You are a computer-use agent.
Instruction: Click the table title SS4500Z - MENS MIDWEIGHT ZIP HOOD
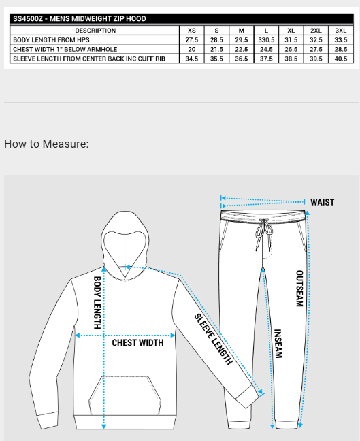[x=80, y=19]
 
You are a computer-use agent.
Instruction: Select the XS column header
[x=191, y=31]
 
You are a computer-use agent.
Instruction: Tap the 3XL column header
[x=340, y=31]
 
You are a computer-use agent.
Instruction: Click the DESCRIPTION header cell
[x=95, y=31]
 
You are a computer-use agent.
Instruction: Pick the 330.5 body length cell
[x=266, y=40]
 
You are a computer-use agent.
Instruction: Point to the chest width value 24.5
[x=266, y=50]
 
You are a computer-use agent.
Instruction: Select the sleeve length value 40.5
[x=340, y=59]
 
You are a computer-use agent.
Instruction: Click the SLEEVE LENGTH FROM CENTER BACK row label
[x=88, y=59]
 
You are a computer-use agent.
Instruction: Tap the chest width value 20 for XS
[x=191, y=50]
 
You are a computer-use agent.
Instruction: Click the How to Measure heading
[x=46, y=144]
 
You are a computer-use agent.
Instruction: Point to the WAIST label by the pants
[x=322, y=202]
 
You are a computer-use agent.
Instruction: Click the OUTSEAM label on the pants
[x=299, y=289]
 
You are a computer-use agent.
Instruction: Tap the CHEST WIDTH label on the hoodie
[x=137, y=342]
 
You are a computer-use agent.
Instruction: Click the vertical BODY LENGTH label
[x=97, y=302]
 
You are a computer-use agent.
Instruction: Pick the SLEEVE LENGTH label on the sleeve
[x=214, y=339]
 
